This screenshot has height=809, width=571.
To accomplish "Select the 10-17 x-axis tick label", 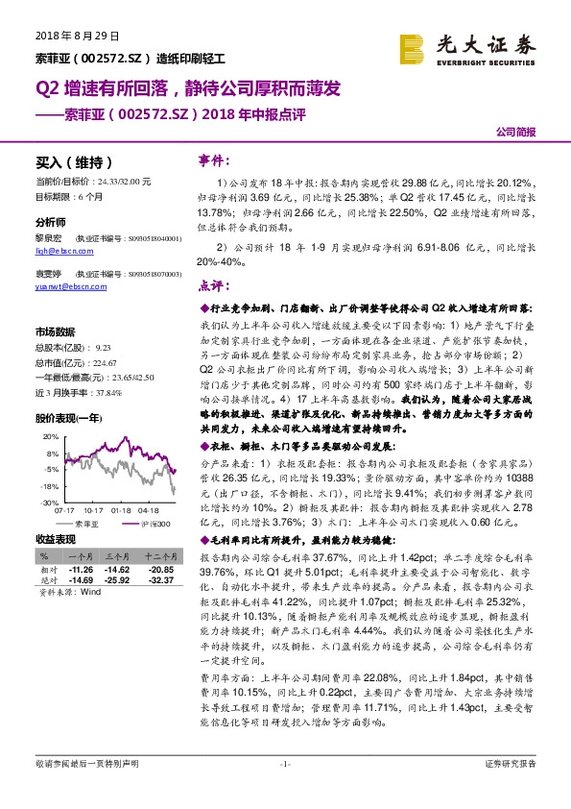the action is click(93, 510).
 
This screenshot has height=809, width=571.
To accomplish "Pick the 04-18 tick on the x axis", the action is click(150, 510).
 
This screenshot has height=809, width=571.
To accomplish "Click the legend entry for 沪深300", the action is click(151, 525).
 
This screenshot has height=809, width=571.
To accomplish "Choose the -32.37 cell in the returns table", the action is click(161, 579).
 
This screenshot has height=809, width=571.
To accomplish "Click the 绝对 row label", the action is click(45, 579).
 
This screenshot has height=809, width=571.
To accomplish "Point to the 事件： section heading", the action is click(212, 158).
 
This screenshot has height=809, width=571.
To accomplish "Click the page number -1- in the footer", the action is click(284, 791).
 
